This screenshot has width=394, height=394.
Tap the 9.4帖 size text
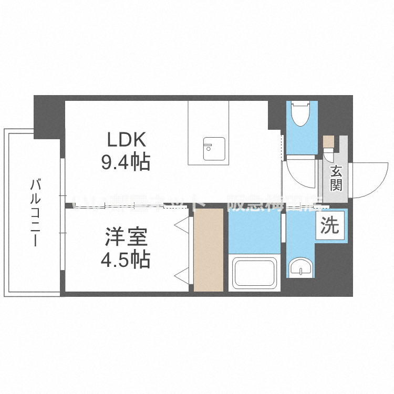(x=126, y=162)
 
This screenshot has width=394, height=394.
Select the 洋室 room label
(x=126, y=237)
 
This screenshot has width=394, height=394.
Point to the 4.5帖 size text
(x=126, y=260)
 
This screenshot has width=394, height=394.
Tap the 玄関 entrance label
(x=336, y=178)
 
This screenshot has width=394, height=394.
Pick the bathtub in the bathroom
(x=255, y=273)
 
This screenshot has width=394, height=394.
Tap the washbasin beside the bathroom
(x=302, y=266)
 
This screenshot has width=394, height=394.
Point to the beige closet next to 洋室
(x=209, y=250)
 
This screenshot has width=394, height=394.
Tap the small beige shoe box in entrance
(x=328, y=141)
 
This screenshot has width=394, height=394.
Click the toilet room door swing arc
(x=299, y=177)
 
